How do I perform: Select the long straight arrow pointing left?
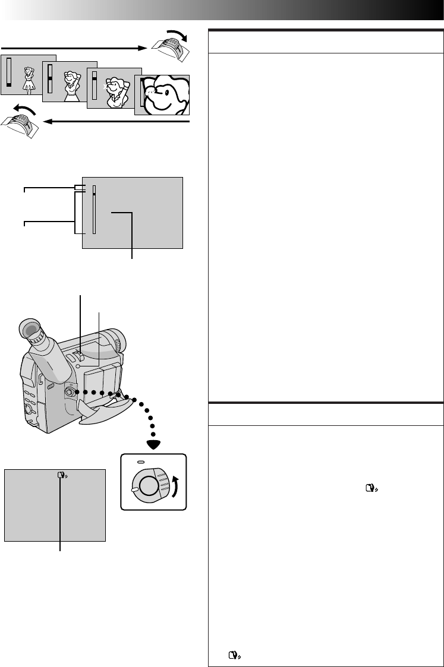pyautogui.click(x=119, y=122)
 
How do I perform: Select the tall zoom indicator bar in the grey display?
pyautogui.click(x=93, y=211)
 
